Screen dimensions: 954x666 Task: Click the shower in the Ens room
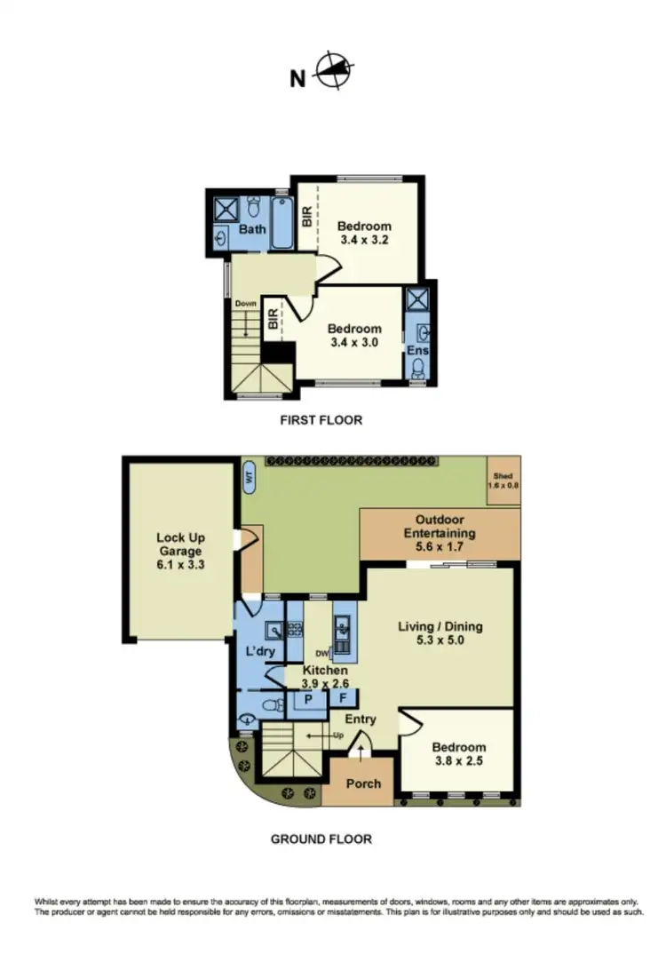click(x=416, y=299)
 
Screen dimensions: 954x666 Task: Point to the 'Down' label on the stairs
click(x=245, y=304)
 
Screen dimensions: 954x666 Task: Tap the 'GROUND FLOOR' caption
click(x=321, y=839)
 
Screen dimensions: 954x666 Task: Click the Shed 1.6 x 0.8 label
click(x=503, y=481)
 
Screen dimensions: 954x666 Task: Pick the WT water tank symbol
click(x=250, y=478)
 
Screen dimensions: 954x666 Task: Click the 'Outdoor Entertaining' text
click(x=440, y=527)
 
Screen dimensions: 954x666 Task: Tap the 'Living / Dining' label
click(x=440, y=625)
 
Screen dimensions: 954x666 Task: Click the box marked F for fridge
click(x=343, y=699)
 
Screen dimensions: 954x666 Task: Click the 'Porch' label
click(x=363, y=783)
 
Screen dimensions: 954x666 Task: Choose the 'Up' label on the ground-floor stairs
click(x=337, y=735)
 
